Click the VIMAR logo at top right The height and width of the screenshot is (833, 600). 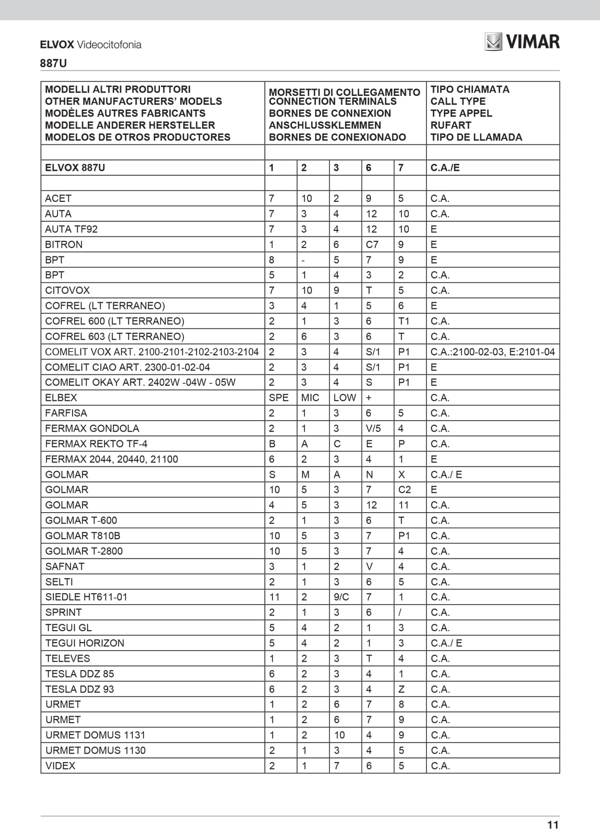(522, 41)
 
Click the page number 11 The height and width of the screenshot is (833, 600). (552, 825)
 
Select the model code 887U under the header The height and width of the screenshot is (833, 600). (53, 63)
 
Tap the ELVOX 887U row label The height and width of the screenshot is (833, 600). (75, 168)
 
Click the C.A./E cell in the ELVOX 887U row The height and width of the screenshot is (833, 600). (444, 168)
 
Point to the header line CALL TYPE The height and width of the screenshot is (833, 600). (457, 101)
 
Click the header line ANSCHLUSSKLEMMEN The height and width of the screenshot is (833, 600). (324, 125)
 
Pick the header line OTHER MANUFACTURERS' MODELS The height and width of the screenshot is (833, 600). (133, 101)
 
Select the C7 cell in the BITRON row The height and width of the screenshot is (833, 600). (372, 245)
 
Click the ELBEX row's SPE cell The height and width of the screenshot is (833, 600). (278, 398)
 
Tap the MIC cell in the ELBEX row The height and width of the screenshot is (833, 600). (310, 398)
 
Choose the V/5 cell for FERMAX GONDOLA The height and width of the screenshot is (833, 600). (373, 429)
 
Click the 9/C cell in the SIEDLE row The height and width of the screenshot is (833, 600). (341, 597)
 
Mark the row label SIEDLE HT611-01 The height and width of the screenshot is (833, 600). (86, 597)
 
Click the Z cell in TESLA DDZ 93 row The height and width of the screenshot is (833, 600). (401, 690)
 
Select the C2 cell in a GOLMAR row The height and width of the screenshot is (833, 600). (404, 490)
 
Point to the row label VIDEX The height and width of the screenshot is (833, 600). (60, 766)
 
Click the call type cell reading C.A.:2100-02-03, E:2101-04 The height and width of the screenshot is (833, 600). (492, 352)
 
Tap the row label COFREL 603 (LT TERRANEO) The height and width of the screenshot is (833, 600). (114, 337)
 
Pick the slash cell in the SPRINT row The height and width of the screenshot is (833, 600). (400, 613)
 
